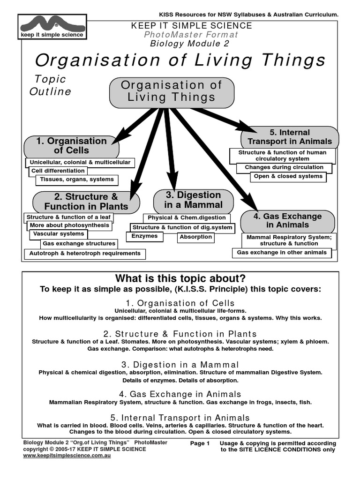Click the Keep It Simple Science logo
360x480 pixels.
pyautogui.click(x=52, y=27)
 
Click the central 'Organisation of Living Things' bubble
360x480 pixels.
pyautogui.click(x=172, y=92)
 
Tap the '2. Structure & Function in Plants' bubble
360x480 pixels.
pyautogui.click(x=86, y=202)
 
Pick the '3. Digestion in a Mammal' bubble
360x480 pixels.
pyautogui.click(x=193, y=200)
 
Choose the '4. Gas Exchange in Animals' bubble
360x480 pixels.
pyautogui.click(x=287, y=221)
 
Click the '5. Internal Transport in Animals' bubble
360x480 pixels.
pyautogui.click(x=289, y=137)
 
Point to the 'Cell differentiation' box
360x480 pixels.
pyautogui.click(x=58, y=171)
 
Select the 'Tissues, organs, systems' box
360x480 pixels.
pyautogui.click(x=77, y=180)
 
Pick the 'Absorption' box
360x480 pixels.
pyautogui.click(x=195, y=237)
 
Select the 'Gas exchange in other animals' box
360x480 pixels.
pyautogui.click(x=282, y=253)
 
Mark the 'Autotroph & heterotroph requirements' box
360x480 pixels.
pyautogui.click(x=85, y=254)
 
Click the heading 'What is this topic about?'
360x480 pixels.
pyautogui.click(x=180, y=278)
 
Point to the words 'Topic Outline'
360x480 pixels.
pyautogui.click(x=50, y=85)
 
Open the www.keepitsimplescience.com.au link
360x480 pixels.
pyautogui.click(x=67, y=456)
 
